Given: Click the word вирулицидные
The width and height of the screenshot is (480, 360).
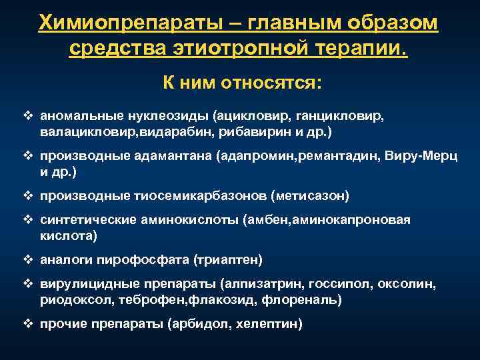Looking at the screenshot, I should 79,284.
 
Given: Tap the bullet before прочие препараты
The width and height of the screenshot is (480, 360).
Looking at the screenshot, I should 28,324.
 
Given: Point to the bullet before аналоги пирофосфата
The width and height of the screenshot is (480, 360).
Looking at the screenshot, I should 28,259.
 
